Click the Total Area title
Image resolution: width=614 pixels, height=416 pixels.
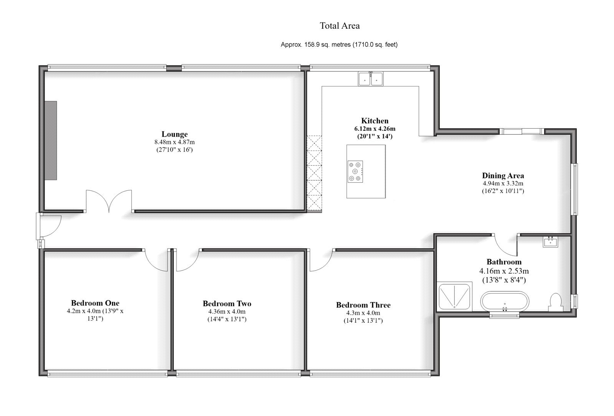pyautogui.click(x=340, y=26)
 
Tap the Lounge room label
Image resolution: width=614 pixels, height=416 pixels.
pyautogui.click(x=175, y=134)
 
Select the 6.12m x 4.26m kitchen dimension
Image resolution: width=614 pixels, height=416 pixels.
pyautogui.click(x=375, y=129)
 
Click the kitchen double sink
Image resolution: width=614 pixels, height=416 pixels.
pyautogui.click(x=371, y=79)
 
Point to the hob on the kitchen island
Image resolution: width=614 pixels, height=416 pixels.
pyautogui.click(x=355, y=171)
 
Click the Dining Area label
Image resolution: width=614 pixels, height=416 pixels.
pyautogui.click(x=503, y=176)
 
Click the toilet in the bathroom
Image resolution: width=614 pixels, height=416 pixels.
pyautogui.click(x=555, y=302)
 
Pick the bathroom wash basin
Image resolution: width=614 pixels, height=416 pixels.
pyautogui.click(x=551, y=242)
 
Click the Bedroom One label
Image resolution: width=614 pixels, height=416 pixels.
pyautogui.click(x=95, y=303)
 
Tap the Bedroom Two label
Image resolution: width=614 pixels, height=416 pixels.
pyautogui.click(x=227, y=304)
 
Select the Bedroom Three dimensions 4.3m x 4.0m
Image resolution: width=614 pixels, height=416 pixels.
pyautogui.click(x=363, y=313)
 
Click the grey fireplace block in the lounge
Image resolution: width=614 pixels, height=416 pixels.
pyautogui.click(x=50, y=140)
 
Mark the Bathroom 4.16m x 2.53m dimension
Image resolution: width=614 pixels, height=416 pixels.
pyautogui.click(x=504, y=271)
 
